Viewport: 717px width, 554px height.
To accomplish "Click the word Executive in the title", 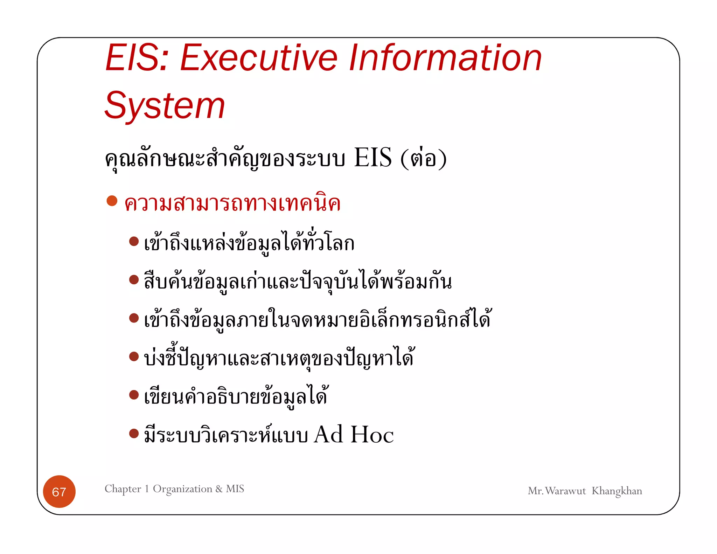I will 259,58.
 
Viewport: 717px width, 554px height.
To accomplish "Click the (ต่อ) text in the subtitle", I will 423,158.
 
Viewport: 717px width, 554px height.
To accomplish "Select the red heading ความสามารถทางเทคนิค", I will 232,203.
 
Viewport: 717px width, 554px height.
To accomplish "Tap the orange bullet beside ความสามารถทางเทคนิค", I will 112,201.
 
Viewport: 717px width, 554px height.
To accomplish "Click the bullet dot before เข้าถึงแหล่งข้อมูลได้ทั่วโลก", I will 134,241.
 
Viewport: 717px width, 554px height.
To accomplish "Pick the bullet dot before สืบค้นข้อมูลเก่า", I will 134,279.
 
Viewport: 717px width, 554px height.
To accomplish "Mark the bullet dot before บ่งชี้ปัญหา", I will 134,356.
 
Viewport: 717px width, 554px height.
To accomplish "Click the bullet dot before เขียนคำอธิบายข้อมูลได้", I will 134,395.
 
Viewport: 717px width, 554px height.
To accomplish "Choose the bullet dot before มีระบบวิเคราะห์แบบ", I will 134,434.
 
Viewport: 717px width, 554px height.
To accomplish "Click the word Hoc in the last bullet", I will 372,435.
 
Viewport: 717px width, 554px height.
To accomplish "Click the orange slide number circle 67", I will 59,492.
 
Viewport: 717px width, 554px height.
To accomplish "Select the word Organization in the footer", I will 182,489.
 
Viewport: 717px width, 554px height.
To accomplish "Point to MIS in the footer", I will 235,489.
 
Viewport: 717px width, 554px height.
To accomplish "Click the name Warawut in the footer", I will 565,491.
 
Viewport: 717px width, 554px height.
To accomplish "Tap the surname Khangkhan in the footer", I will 617,491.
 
